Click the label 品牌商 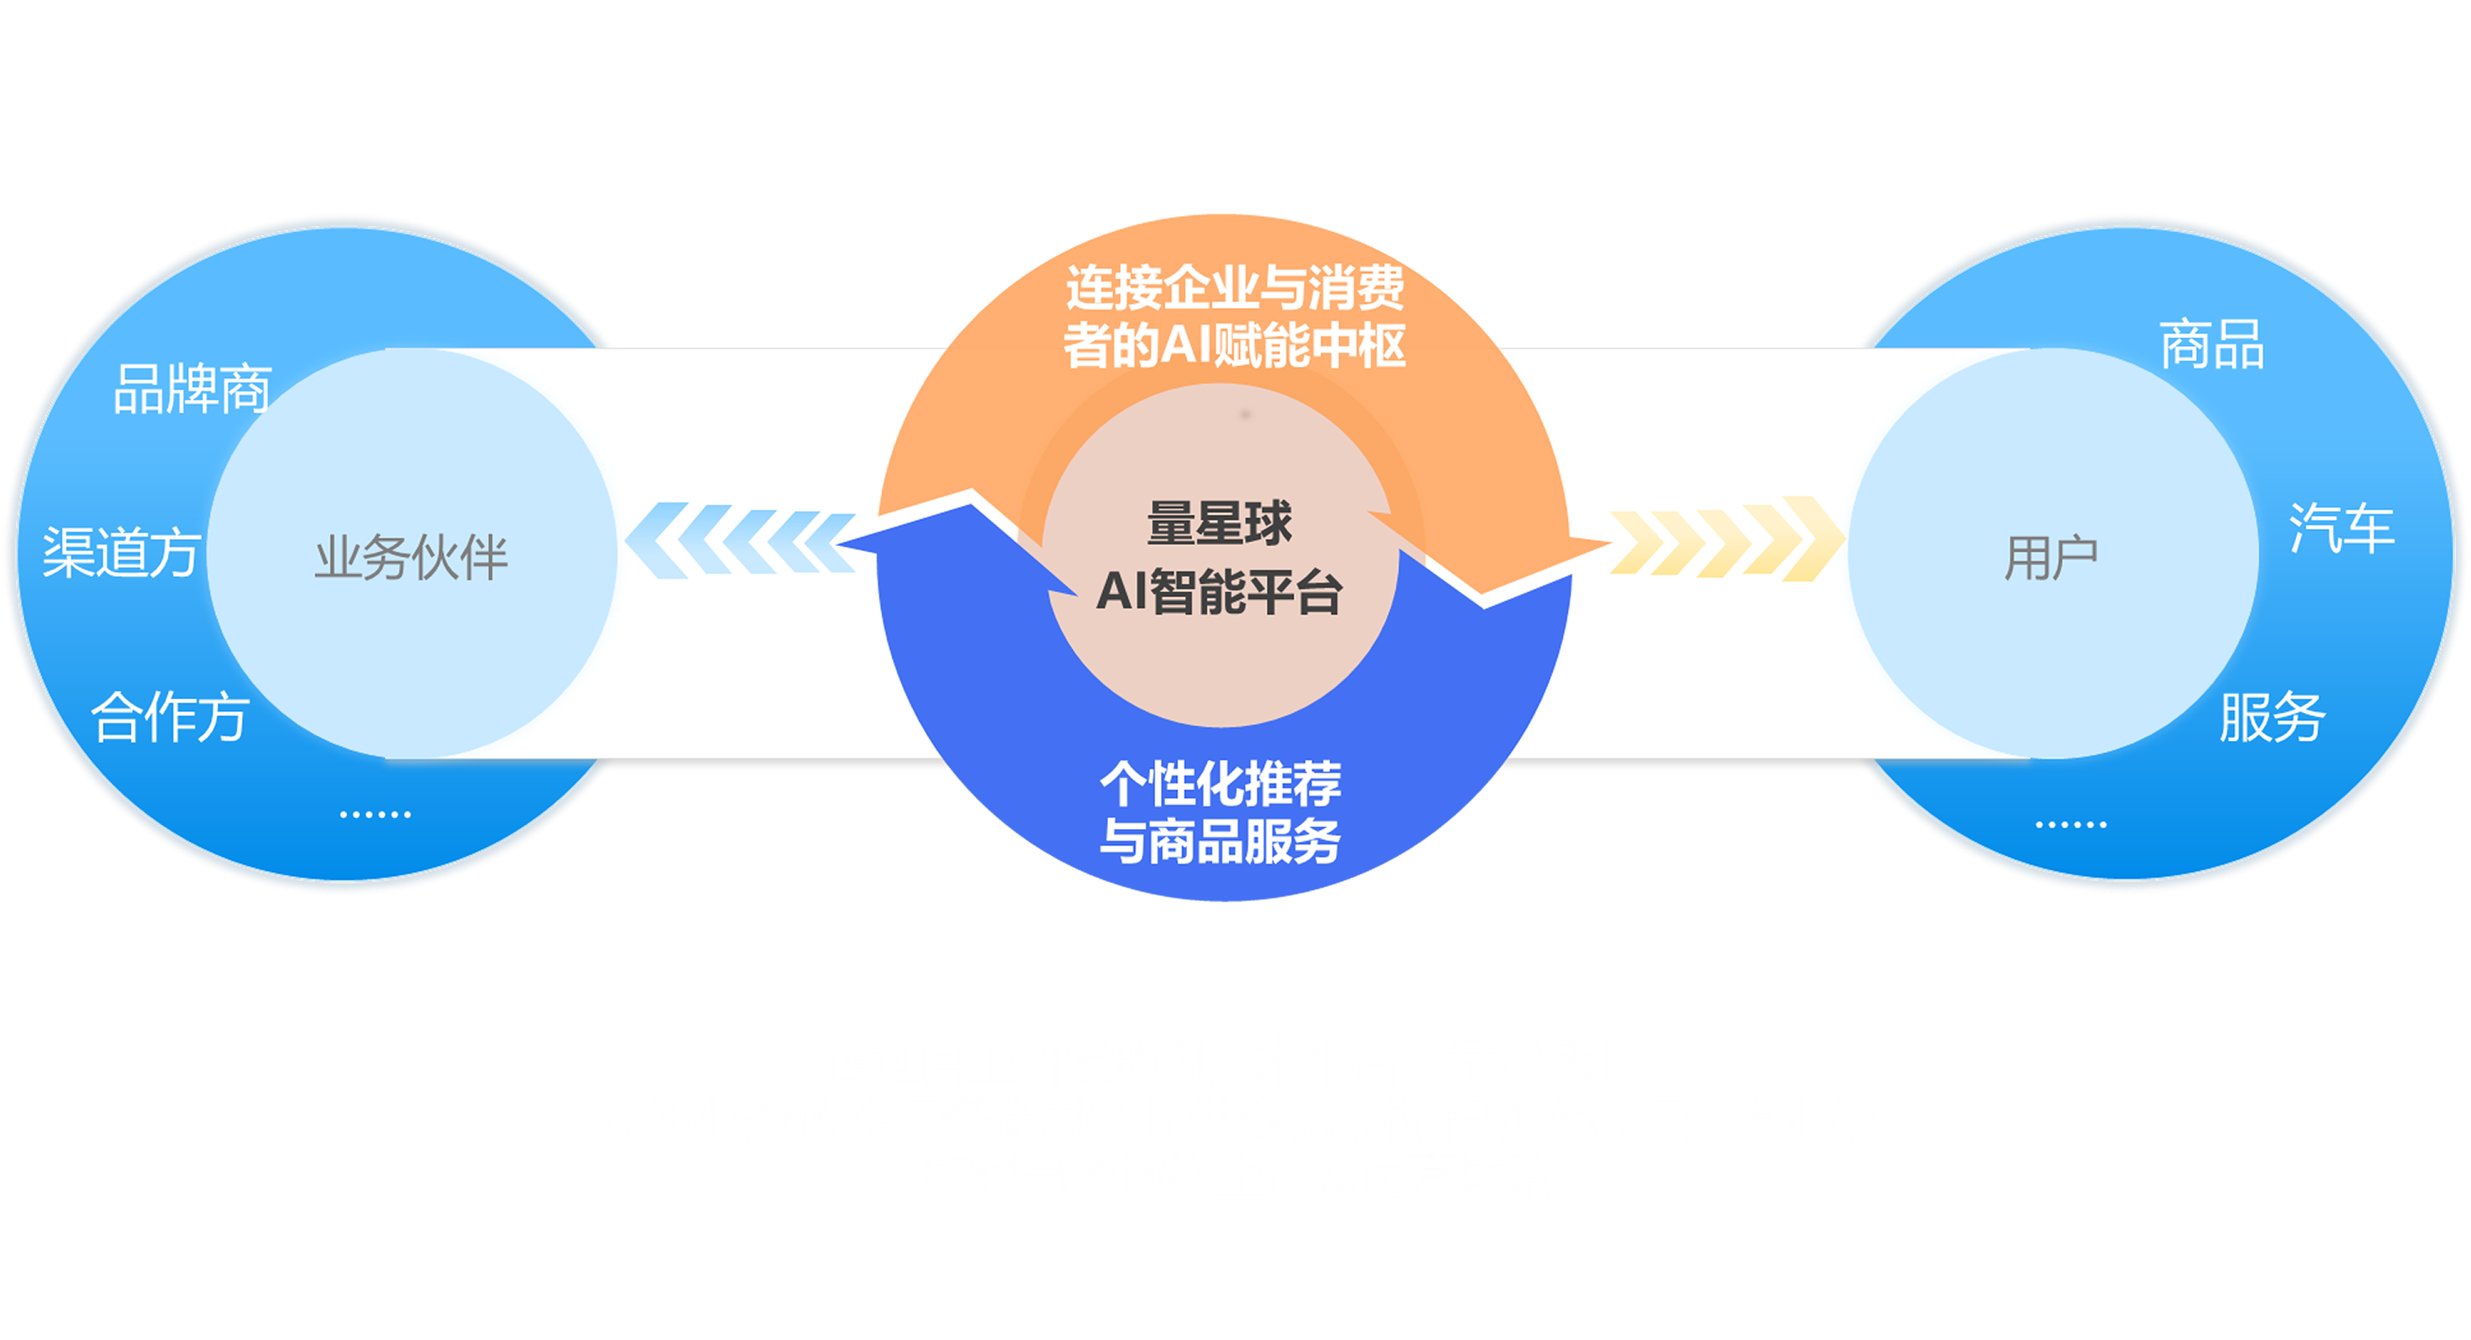pyautogui.click(x=192, y=389)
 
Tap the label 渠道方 pyautogui.click(x=121, y=553)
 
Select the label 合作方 pyautogui.click(x=170, y=717)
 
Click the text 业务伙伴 pyautogui.click(x=410, y=559)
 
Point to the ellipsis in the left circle pyautogui.click(x=375, y=814)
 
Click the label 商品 pyautogui.click(x=2212, y=344)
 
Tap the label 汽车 pyautogui.click(x=2341, y=528)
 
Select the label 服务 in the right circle pyautogui.click(x=2272, y=717)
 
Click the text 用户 pyautogui.click(x=2051, y=559)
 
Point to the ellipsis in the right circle pyautogui.click(x=2071, y=824)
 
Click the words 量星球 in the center pyautogui.click(x=1220, y=523)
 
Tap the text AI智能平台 pyautogui.click(x=1220, y=592)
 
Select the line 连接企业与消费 pyautogui.click(x=1235, y=288)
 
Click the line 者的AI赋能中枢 pyautogui.click(x=1235, y=345)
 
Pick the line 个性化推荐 pyautogui.click(x=1220, y=784)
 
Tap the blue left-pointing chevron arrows pyautogui.click(x=739, y=541)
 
